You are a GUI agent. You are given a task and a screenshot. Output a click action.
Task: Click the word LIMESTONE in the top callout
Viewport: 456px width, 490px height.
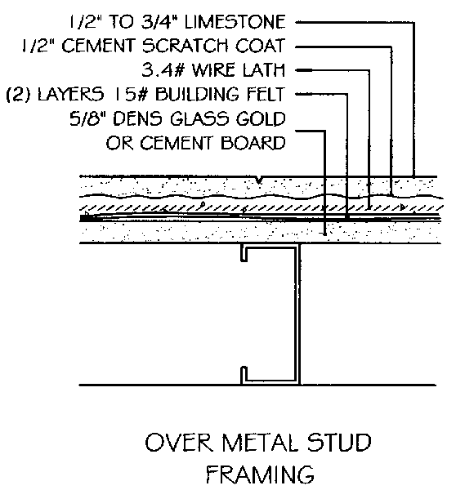[235, 22]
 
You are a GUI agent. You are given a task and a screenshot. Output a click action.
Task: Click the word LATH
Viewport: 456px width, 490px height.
[264, 69]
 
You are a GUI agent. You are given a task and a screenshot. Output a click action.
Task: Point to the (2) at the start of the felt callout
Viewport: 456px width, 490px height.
[18, 94]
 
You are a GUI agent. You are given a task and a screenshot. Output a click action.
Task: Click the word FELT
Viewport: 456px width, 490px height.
[266, 94]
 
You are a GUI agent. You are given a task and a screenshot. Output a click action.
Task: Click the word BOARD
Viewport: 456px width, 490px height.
[253, 143]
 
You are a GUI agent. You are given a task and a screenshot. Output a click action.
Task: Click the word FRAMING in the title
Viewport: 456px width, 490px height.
[260, 474]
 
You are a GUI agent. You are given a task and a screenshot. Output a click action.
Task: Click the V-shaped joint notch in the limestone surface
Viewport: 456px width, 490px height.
[259, 180]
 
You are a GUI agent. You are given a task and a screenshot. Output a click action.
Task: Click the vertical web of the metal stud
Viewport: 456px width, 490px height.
[298, 314]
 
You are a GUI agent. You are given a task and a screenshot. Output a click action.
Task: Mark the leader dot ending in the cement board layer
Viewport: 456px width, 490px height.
[325, 234]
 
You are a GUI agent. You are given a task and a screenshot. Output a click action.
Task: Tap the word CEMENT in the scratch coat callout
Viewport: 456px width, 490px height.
[100, 46]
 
